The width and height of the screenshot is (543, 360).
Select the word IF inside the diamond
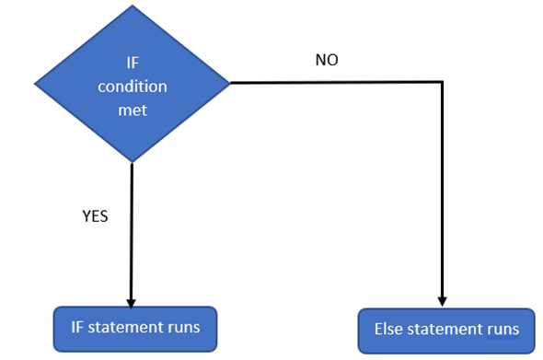(133, 64)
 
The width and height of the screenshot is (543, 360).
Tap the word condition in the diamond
(133, 87)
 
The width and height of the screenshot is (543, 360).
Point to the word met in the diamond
(133, 109)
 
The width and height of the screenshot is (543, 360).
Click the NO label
(327, 60)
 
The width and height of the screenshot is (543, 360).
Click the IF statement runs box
(134, 328)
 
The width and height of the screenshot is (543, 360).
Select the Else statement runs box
(445, 330)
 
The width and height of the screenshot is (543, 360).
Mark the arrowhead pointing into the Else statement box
(443, 301)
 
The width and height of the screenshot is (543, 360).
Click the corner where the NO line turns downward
(443, 83)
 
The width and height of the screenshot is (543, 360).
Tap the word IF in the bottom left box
(79, 326)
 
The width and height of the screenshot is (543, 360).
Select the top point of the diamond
(133, 7)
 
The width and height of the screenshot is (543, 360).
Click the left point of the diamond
(36, 84)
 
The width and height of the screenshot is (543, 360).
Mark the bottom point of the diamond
(133, 162)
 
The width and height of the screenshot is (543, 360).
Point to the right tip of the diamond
(228, 83)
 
